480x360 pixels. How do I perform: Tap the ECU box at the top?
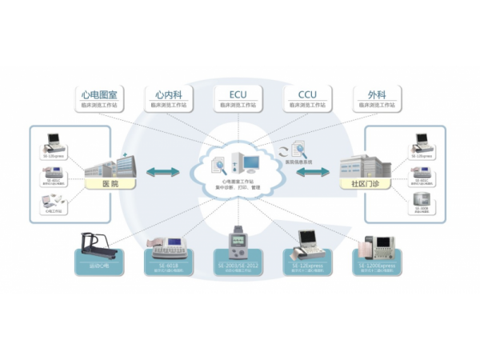[238, 98]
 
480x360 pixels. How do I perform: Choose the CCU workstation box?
[307, 98]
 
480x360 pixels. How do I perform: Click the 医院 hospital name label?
[114, 184]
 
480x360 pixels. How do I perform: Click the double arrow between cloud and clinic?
[313, 172]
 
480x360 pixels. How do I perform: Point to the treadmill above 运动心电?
[97, 243]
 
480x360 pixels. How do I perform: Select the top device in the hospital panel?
[54, 142]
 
